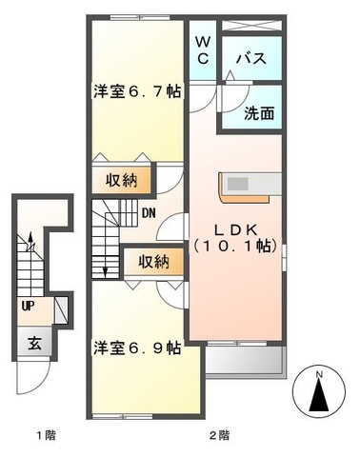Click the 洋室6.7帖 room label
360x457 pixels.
point(137,92)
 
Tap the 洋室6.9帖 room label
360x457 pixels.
point(136,347)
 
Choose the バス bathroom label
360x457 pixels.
point(252,58)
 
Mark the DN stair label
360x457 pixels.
point(150,212)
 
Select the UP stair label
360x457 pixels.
point(29,307)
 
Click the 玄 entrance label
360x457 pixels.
point(33,342)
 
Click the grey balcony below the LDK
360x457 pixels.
point(246,359)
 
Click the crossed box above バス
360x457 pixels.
point(252,24)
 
